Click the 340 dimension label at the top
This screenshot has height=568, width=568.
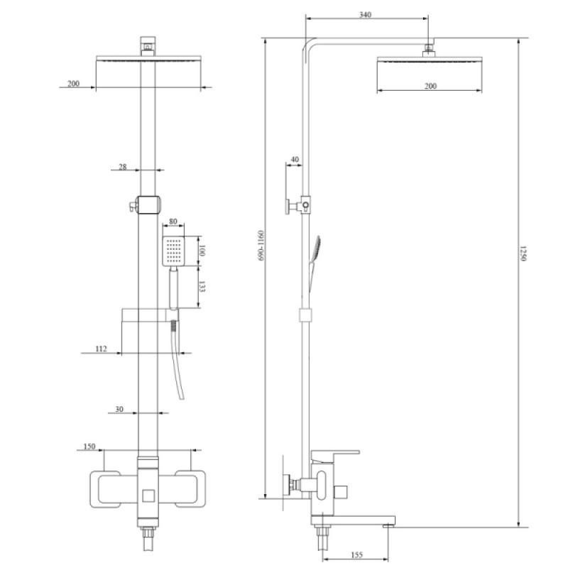[x=365, y=15]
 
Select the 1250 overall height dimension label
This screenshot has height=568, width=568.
[x=523, y=253]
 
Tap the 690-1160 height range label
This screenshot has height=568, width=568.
[x=261, y=245]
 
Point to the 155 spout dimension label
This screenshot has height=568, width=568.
[x=356, y=555]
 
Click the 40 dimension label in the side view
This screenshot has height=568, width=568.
[x=295, y=159]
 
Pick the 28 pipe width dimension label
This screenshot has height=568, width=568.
[x=123, y=167]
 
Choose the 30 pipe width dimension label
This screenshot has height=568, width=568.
[x=119, y=410]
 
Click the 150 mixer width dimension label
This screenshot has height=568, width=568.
[x=89, y=447]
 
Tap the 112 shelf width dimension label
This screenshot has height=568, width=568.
[x=101, y=349]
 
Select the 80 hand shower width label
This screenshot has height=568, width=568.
[x=173, y=222]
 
